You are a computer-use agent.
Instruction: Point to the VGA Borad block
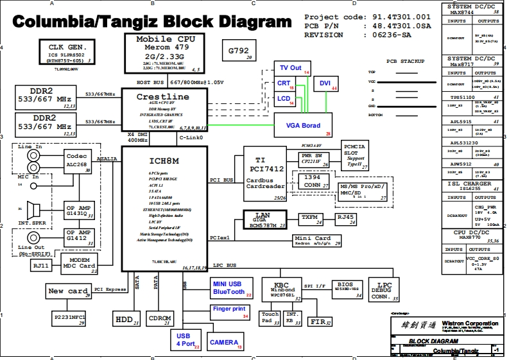tap(303, 126)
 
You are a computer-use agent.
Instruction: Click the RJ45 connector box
tap(346, 218)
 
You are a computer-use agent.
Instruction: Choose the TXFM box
tap(311, 218)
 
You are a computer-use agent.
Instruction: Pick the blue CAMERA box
tap(225, 343)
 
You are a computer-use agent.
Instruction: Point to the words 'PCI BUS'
tap(221, 180)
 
